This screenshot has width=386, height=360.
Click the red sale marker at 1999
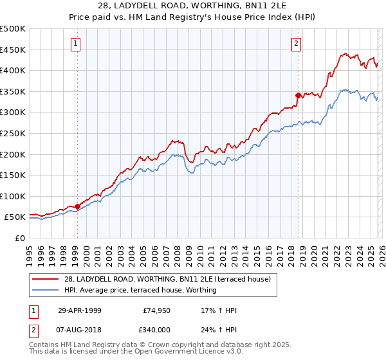click(78, 206)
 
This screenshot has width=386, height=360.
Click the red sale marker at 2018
click(298, 96)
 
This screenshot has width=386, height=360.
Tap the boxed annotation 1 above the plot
click(76, 44)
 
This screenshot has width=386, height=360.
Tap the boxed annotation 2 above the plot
click(296, 44)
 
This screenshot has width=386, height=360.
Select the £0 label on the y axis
click(19, 238)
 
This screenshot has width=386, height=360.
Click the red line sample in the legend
click(46, 279)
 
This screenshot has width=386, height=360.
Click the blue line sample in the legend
click(46, 290)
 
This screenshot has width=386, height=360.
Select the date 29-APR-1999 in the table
click(79, 310)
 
